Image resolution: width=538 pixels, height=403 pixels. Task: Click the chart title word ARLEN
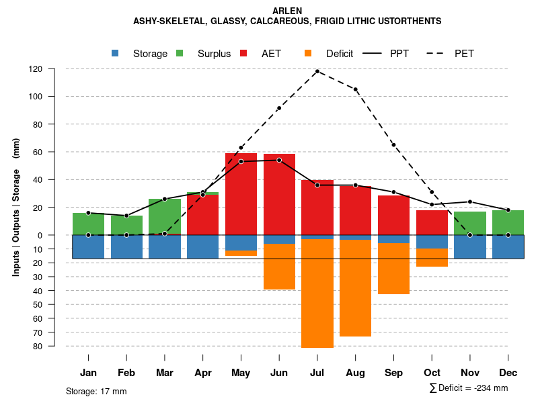[x=287, y=11]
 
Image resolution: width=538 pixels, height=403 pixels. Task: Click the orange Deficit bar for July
[x=317, y=293]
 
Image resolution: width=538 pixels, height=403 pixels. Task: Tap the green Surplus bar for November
[x=470, y=223]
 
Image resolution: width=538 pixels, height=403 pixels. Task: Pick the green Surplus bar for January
[x=88, y=224]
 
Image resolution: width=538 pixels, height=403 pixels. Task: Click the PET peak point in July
[x=317, y=71]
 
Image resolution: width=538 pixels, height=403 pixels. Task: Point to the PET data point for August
[x=356, y=89]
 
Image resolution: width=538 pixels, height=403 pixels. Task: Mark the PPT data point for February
[x=126, y=216]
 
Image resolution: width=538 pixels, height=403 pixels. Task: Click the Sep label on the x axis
[x=394, y=373]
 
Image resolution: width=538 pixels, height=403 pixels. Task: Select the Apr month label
[x=203, y=373]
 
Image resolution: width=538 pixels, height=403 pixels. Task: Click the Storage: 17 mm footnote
[x=96, y=391]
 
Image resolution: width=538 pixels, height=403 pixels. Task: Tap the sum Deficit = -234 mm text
[x=469, y=388]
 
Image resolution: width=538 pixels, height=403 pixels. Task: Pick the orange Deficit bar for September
[x=394, y=269]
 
